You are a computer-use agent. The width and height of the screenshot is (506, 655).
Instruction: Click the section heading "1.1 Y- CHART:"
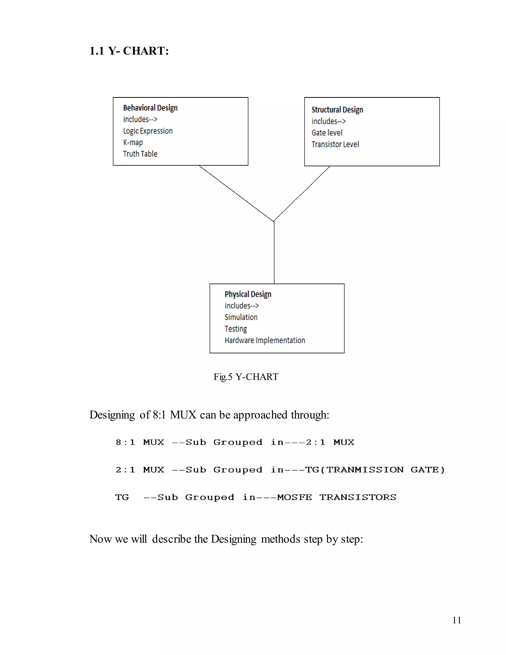[129, 51]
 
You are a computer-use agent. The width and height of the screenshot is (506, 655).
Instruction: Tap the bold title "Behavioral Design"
[150, 108]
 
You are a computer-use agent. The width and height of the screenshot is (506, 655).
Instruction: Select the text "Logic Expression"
[148, 131]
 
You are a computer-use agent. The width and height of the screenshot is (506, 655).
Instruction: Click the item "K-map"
[133, 142]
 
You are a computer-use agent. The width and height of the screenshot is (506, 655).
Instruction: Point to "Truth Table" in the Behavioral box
[140, 154]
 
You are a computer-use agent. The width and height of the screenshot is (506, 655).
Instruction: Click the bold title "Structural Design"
[337, 110]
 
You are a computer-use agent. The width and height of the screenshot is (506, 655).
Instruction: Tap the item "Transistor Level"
[335, 144]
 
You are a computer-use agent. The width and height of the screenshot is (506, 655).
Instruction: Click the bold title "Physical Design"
[248, 294]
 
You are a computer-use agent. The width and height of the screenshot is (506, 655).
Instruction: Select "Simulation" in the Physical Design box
[241, 317]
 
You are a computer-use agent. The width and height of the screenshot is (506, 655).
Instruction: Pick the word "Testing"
[236, 329]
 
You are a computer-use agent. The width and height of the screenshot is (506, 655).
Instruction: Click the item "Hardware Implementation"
[265, 340]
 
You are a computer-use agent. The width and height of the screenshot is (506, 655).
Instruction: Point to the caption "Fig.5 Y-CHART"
[246, 377]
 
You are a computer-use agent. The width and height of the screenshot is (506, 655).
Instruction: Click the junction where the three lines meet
[274, 221]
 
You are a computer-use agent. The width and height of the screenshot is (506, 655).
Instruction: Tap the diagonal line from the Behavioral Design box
[236, 194]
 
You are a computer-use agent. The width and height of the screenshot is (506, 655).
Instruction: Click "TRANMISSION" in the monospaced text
[365, 470]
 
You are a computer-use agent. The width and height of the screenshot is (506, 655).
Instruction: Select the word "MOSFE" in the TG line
[294, 498]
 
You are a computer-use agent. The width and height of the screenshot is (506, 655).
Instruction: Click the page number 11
[457, 620]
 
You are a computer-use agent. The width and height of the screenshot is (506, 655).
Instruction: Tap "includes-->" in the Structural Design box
[329, 121]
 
